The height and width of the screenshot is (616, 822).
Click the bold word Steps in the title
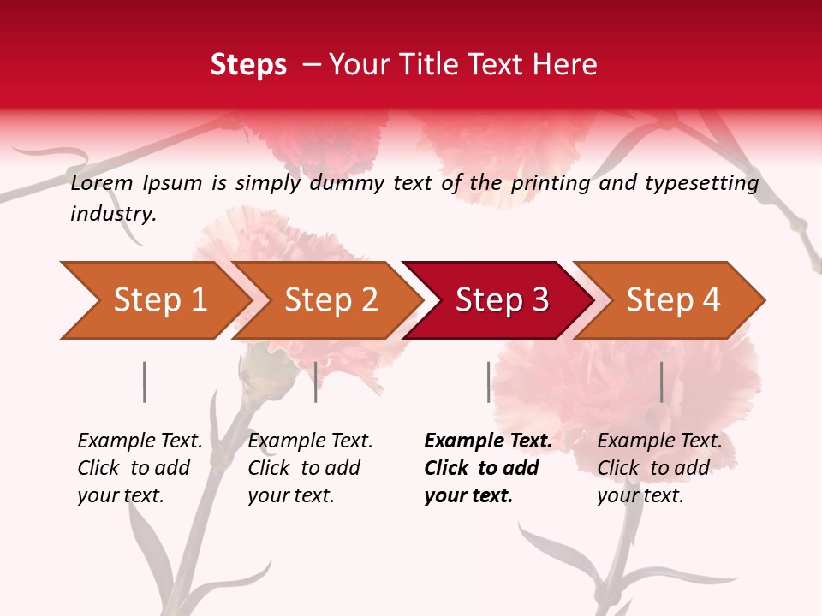pos(248,65)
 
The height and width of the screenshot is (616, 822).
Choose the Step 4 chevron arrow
pos(673,300)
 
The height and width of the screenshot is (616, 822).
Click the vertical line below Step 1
pos(145,382)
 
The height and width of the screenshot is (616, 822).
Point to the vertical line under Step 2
pos(316,382)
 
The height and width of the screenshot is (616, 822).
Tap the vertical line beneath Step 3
pos(489,382)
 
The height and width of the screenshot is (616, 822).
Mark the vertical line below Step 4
pos(662,382)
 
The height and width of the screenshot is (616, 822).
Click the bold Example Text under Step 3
pos(488,468)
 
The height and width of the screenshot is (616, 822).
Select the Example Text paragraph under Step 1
pos(140,468)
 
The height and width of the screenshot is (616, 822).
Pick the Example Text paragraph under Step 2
pos(310,468)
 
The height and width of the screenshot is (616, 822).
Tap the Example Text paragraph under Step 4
pos(659,468)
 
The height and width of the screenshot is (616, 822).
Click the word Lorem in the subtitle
pos(102,183)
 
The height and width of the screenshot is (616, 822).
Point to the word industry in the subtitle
pos(113,214)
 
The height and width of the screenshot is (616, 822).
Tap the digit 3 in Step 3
pos(539,300)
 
